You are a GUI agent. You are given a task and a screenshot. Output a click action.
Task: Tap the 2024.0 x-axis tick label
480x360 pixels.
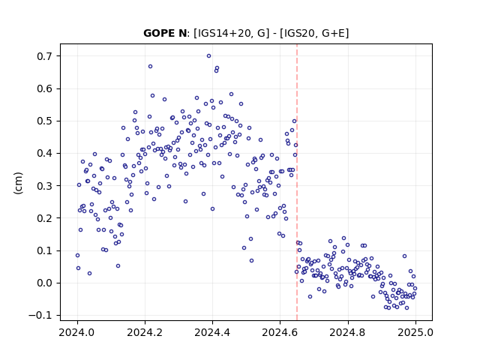pos(77,332)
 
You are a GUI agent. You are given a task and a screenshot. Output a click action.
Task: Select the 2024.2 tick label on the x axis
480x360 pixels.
pos(145,332)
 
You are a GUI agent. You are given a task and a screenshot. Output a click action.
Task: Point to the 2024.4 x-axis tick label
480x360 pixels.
pos(212,332)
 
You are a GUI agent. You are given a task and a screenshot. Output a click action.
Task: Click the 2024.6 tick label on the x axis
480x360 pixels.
pos(280,332)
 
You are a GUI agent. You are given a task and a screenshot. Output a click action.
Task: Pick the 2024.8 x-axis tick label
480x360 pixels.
pos(348,332)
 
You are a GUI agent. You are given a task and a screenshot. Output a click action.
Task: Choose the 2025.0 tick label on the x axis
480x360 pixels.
pos(415,332)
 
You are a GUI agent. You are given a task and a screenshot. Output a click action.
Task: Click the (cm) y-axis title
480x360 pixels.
pos(18,183)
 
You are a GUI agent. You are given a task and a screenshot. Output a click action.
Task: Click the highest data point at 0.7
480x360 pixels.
pos(208,56)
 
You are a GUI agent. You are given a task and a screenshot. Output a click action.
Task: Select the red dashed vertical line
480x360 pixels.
pos(297,182)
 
